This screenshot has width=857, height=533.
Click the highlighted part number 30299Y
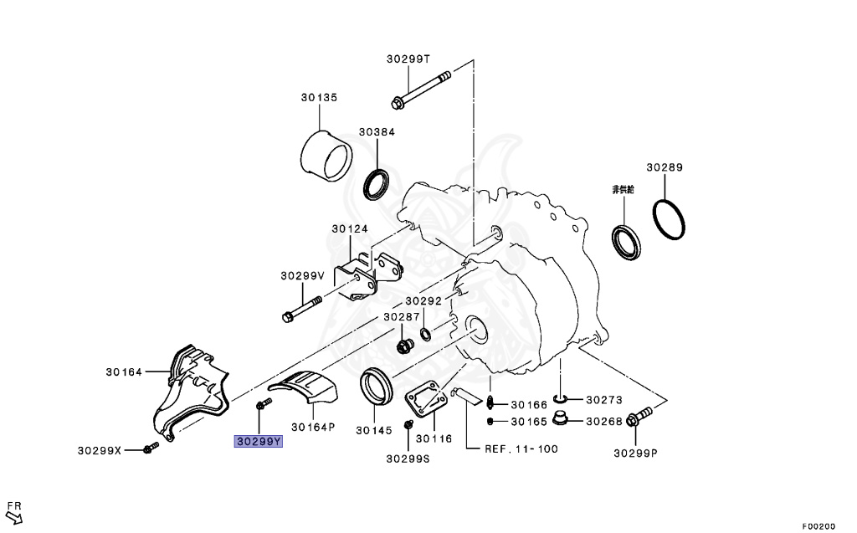(x=259, y=441)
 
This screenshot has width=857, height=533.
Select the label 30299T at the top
(x=408, y=59)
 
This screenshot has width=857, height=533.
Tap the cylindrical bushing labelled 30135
(x=326, y=156)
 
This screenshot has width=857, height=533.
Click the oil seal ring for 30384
(x=377, y=185)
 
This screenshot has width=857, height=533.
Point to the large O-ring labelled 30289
(x=669, y=220)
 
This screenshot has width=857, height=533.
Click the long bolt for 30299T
(x=421, y=88)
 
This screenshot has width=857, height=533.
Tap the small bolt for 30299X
(x=151, y=448)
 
